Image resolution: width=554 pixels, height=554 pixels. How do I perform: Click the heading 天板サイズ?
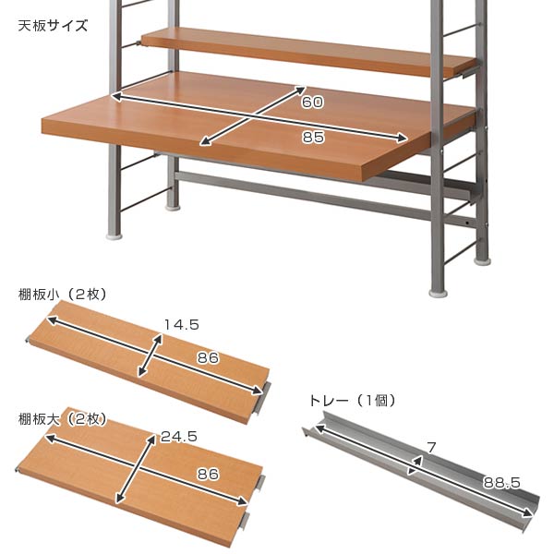(x=53, y=25)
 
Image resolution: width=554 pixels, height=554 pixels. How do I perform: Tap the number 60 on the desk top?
(x=311, y=101)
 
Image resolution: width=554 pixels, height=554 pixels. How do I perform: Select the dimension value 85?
(x=312, y=138)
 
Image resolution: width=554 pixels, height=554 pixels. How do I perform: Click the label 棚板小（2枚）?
(x=64, y=295)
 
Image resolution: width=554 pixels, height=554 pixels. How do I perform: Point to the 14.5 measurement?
(x=182, y=324)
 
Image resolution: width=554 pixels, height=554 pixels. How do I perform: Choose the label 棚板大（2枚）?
(x=64, y=419)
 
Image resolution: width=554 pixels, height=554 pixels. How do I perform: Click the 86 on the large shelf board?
(x=208, y=475)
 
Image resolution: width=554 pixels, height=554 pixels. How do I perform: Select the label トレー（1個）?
(x=351, y=401)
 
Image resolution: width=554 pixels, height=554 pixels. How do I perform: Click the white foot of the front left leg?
(x=114, y=236)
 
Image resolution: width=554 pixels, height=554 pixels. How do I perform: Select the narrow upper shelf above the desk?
(x=305, y=53)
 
